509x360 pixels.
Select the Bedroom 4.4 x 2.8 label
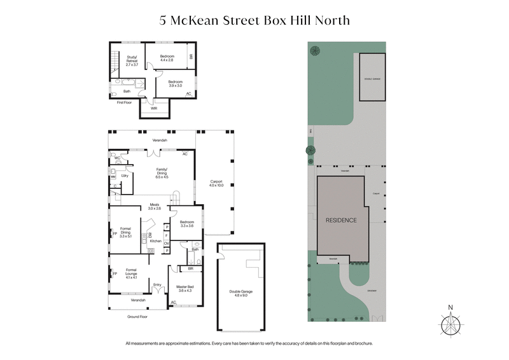coord(167,59)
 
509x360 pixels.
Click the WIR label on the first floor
coord(154,109)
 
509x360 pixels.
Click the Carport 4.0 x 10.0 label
coord(217,183)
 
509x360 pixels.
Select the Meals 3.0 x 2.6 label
coord(155,207)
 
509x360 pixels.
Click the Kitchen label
coord(156,242)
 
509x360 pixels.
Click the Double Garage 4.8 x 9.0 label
coord(241,294)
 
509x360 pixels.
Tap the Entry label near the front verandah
coord(157,284)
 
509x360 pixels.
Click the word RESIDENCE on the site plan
coord(341,220)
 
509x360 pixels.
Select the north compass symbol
coord(450,324)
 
